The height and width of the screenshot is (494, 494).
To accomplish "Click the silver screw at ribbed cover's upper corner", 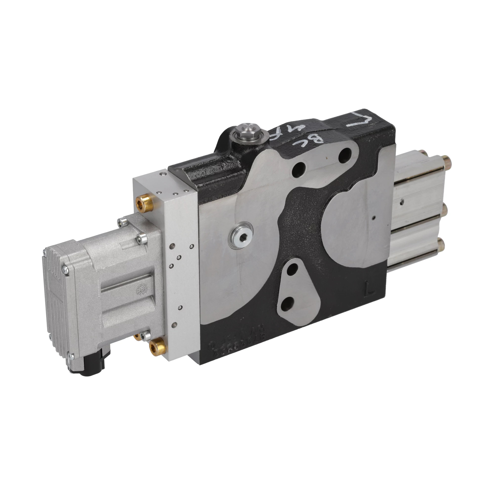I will [x=65, y=270].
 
